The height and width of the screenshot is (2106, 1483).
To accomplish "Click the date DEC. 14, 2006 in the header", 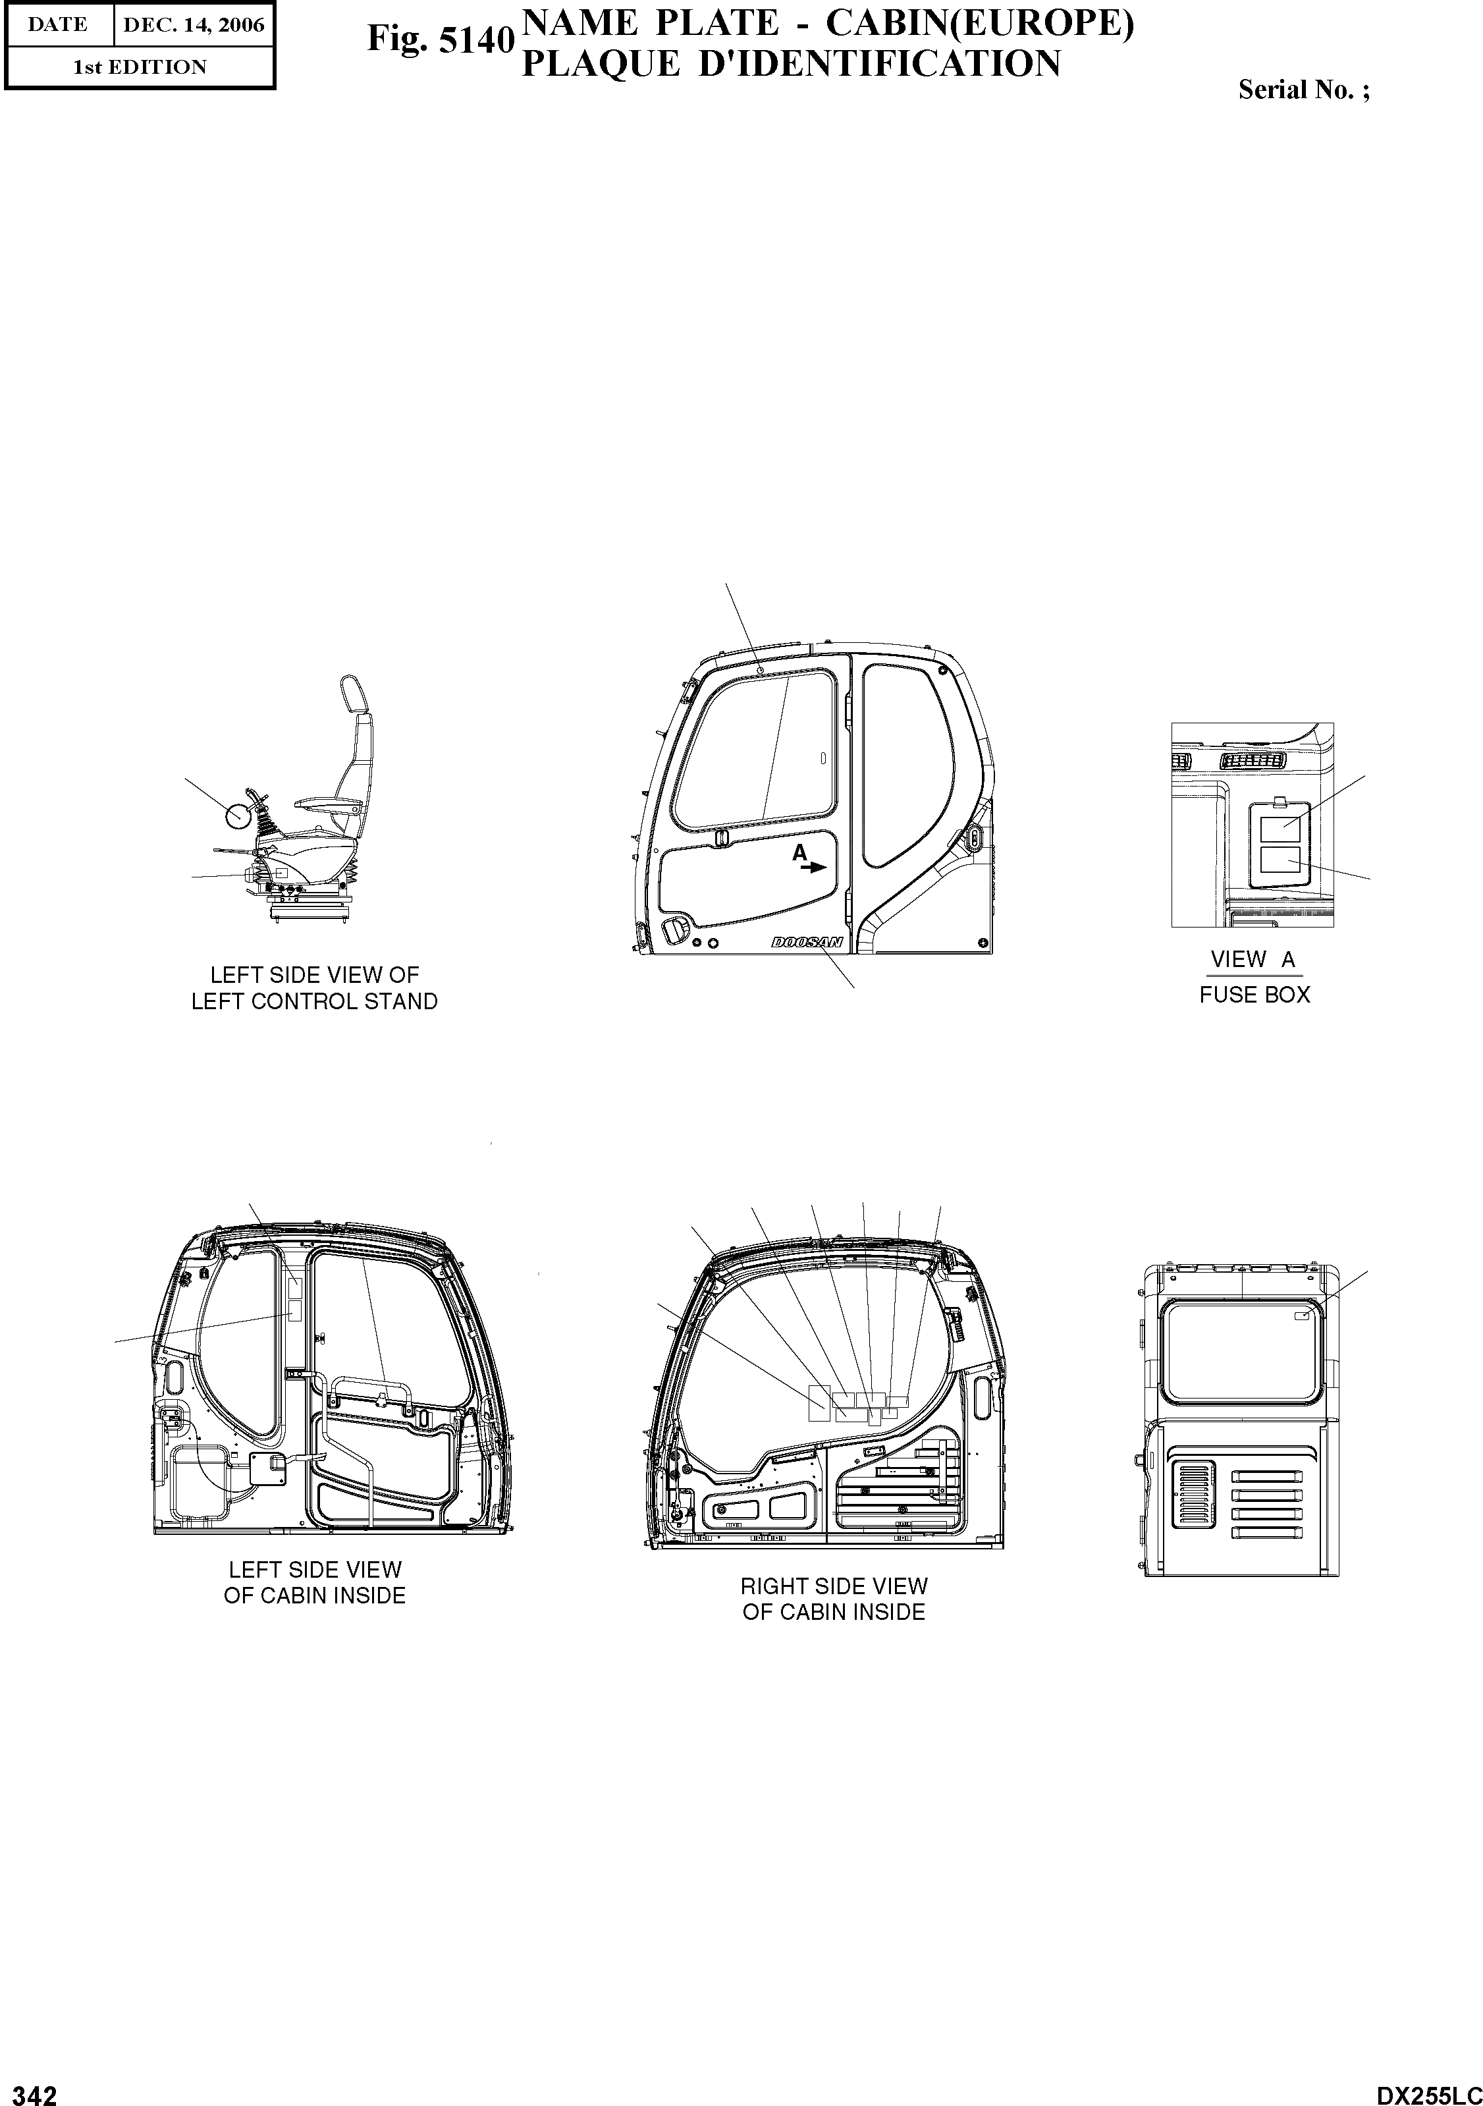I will pyautogui.click(x=194, y=25).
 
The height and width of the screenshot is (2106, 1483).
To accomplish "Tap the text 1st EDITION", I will pyautogui.click(x=140, y=67).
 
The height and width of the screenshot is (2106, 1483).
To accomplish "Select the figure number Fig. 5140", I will pyautogui.click(x=440, y=40).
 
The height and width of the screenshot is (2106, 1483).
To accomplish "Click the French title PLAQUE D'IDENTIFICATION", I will pyautogui.click(x=791, y=64).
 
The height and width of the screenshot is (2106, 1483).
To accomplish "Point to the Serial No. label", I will pyautogui.click(x=1303, y=90).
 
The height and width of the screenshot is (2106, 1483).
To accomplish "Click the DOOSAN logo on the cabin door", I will pyautogui.click(x=807, y=942).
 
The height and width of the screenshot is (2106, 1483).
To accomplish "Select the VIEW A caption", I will pyautogui.click(x=1253, y=959).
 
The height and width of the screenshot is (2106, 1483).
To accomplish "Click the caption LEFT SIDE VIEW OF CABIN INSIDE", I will pyautogui.click(x=315, y=1582).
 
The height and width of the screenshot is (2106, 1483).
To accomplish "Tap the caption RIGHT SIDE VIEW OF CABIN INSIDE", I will pyautogui.click(x=834, y=1599).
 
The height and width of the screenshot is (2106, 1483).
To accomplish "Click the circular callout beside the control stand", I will pyautogui.click(x=238, y=813).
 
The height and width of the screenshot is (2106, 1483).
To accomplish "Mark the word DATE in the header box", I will pyautogui.click(x=58, y=25).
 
